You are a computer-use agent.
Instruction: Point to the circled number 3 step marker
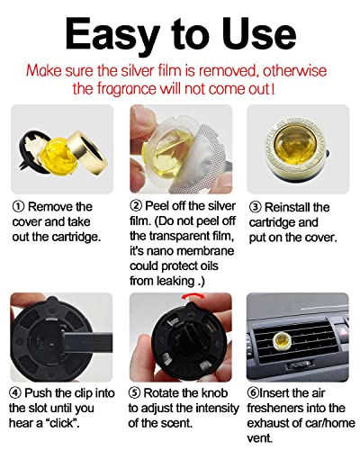point(255,207)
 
